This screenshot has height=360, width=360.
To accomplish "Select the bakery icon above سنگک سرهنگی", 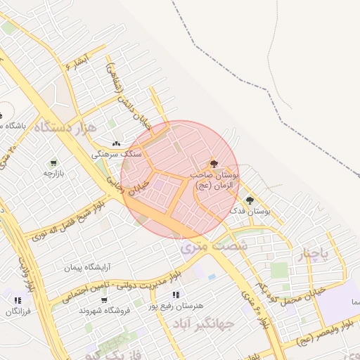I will coord(116,143).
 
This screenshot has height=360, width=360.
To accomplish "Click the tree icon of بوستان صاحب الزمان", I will coord(214,162).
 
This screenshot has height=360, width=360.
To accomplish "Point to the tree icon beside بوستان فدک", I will coord(250,201).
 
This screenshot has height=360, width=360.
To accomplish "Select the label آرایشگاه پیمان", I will coord(89,268).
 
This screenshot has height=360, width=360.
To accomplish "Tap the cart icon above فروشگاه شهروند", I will coord(104,300).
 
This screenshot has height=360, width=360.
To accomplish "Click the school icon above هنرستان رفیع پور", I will coord(175,295).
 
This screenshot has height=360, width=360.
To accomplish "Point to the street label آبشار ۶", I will coord(75,64).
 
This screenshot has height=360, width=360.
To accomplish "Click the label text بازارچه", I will coord(54,173).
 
